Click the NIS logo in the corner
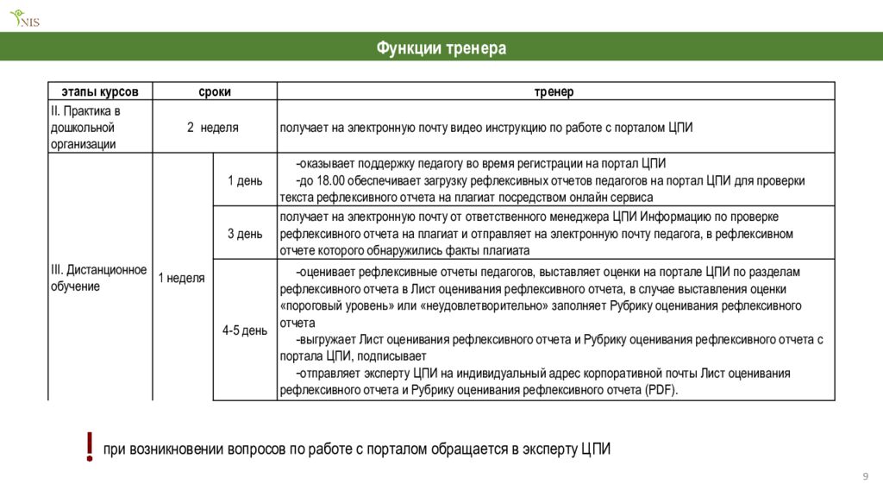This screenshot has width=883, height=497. pyautogui.click(x=25, y=17)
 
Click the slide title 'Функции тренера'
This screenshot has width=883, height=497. pyautogui.click(x=441, y=48)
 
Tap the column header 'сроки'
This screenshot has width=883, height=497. pyautogui.click(x=215, y=91)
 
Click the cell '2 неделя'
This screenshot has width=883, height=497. pyautogui.click(x=213, y=127)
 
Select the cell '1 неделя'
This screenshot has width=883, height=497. pyautogui.click(x=181, y=278)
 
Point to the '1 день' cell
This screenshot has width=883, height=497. pyautogui.click(x=245, y=180)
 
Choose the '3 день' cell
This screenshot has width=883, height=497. pyautogui.click(x=245, y=233)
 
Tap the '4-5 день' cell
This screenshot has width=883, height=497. pyautogui.click(x=245, y=330)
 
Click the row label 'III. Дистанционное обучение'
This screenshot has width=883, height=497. pyautogui.click(x=98, y=278)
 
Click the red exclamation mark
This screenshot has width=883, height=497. pyautogui.click(x=90, y=447)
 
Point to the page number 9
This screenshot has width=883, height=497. pyautogui.click(x=865, y=478)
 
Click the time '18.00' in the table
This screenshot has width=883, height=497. pyautogui.click(x=331, y=180)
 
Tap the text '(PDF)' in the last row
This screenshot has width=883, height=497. pyautogui.click(x=661, y=390)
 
